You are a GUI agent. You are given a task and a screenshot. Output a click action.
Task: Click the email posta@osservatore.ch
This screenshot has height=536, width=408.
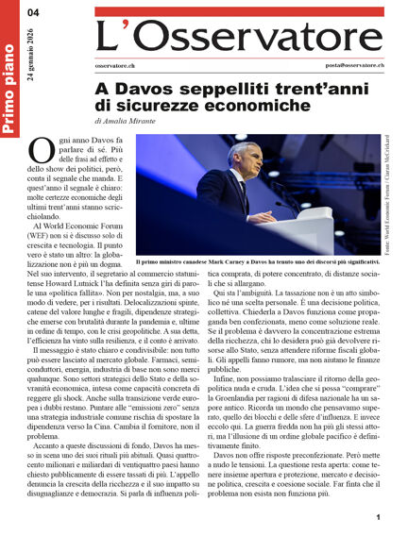tap(348, 65)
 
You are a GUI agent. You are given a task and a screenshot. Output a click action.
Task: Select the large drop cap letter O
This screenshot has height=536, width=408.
tap(42, 151)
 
